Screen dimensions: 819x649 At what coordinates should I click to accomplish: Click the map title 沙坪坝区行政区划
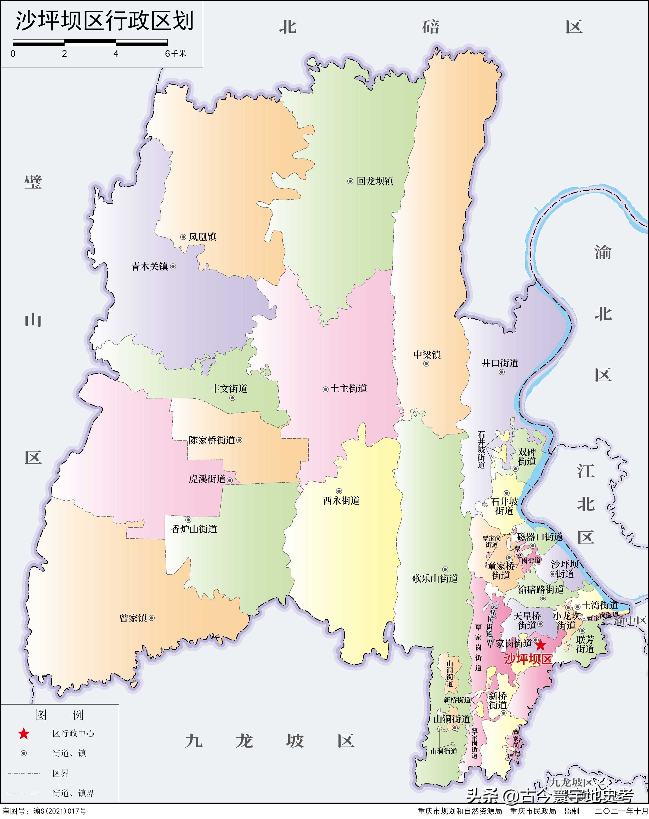[x=104, y=21]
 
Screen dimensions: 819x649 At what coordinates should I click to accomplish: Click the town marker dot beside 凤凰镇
[x=183, y=237]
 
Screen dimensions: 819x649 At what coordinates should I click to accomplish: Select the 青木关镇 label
[x=150, y=267]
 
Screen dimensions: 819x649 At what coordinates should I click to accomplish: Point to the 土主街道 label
[x=349, y=389]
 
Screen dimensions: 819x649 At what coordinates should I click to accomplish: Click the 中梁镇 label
[x=427, y=355]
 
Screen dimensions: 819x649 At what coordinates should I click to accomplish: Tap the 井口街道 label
[x=500, y=363]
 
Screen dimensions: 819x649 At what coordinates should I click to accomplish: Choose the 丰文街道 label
[x=229, y=389]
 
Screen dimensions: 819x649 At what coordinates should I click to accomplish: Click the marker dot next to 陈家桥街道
[x=239, y=440]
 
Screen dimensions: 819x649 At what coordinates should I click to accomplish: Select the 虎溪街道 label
[x=207, y=479]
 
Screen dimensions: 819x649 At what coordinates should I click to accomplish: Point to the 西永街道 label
[x=341, y=501]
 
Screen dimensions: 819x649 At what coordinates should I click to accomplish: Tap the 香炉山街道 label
[x=194, y=529]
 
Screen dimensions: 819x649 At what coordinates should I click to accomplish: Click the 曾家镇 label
[x=133, y=618]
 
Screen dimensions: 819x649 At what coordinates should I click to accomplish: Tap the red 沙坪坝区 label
[x=528, y=659]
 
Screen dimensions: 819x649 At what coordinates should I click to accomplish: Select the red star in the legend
[x=24, y=733]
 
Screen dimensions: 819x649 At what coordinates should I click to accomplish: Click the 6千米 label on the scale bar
[x=176, y=54]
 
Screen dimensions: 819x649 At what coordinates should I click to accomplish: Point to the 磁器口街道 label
[x=540, y=537]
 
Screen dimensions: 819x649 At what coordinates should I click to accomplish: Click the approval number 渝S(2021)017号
[x=60, y=811]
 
